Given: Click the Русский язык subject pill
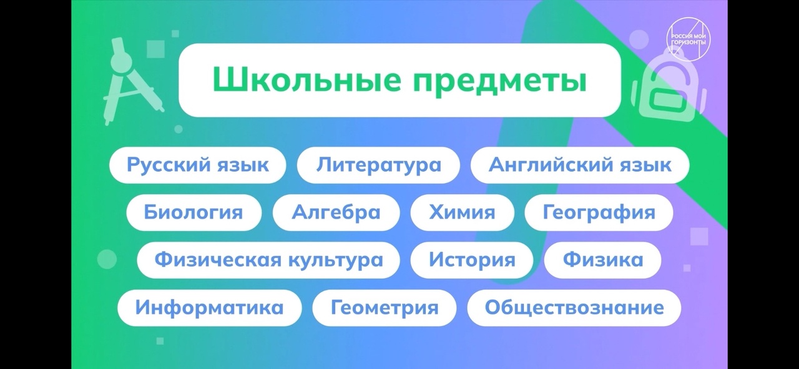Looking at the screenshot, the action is tap(198, 165).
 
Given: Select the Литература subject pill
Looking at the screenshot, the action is tap(378, 165).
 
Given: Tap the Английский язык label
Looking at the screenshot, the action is tap(580, 165).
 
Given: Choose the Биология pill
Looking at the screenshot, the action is tap(194, 212).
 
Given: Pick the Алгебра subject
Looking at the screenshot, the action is tap(336, 212).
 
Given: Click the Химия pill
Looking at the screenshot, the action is tap(463, 212).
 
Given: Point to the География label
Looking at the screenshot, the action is tap(599, 212).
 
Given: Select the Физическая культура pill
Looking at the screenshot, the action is tap(268, 260).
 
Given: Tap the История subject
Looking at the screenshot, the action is tap(472, 260).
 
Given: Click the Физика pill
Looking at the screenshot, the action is tap(603, 260).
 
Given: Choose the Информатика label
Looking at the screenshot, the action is tap(209, 308).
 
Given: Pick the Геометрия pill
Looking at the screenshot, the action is tap(385, 308).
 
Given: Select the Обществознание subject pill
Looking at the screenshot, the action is tap(574, 308).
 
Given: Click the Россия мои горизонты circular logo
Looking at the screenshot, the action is tap(689, 39).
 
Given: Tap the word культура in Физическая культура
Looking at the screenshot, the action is tap(336, 260).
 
